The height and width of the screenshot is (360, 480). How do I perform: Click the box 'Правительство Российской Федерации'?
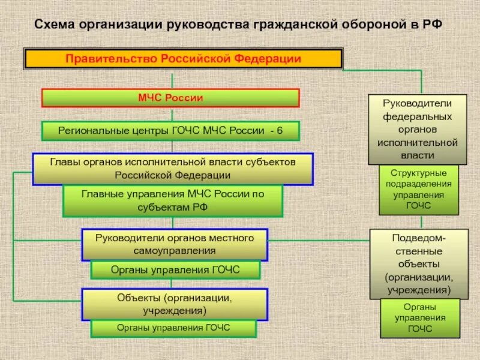183,59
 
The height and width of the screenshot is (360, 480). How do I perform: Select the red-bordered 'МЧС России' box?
170,98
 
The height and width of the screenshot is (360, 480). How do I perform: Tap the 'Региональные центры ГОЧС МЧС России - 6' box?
170,131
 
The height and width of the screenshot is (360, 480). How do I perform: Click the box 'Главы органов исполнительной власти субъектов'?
173,169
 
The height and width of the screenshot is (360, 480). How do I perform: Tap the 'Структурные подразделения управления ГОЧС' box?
418,190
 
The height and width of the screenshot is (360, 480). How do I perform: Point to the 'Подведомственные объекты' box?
418,263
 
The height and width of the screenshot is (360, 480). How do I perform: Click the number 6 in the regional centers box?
280,131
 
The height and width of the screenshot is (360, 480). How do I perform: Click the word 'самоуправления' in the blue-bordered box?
175,250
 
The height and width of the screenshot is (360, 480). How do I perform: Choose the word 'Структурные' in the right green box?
418,174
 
